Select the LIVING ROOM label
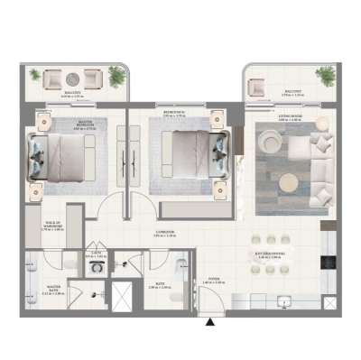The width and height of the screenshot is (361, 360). pyautogui.click(x=289, y=114)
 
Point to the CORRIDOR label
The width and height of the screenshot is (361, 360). pyautogui.click(x=163, y=232)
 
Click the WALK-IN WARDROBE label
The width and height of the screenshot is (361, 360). pyautogui.click(x=52, y=227)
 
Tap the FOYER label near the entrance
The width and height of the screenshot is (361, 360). pyautogui.click(x=214, y=281)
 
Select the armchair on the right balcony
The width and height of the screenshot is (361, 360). pyautogui.click(x=256, y=88)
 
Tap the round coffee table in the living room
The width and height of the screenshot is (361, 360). pyautogui.click(x=289, y=181)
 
